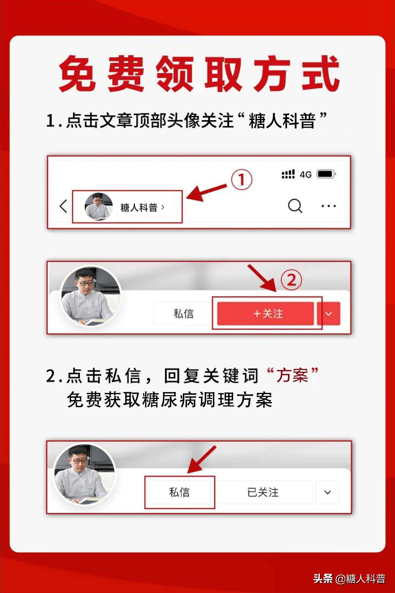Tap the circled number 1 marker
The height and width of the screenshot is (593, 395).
click(x=241, y=180)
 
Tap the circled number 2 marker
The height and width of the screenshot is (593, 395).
click(x=291, y=280)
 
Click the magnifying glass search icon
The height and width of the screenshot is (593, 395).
click(x=295, y=206)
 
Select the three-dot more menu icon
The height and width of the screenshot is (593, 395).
click(x=328, y=206)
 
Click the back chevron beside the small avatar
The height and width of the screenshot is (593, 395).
click(x=63, y=206)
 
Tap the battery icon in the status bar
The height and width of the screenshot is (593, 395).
click(x=326, y=174)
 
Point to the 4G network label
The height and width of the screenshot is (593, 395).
click(x=305, y=174)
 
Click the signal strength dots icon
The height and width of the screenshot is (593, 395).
click(x=288, y=174)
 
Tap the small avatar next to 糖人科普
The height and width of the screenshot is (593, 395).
click(x=99, y=206)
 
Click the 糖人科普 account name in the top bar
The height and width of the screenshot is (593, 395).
click(x=139, y=207)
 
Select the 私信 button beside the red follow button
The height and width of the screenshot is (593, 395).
click(x=183, y=314)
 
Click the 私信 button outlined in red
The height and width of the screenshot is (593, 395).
click(x=179, y=492)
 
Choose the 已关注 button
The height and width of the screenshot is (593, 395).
click(x=263, y=492)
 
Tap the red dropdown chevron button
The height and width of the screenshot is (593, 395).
click(x=329, y=314)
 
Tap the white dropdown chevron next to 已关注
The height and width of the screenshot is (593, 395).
click(x=327, y=492)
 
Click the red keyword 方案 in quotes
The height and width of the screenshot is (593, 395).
click(x=292, y=375)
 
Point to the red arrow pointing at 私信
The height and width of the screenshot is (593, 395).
click(x=201, y=460)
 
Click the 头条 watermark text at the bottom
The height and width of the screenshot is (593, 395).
click(x=323, y=579)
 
